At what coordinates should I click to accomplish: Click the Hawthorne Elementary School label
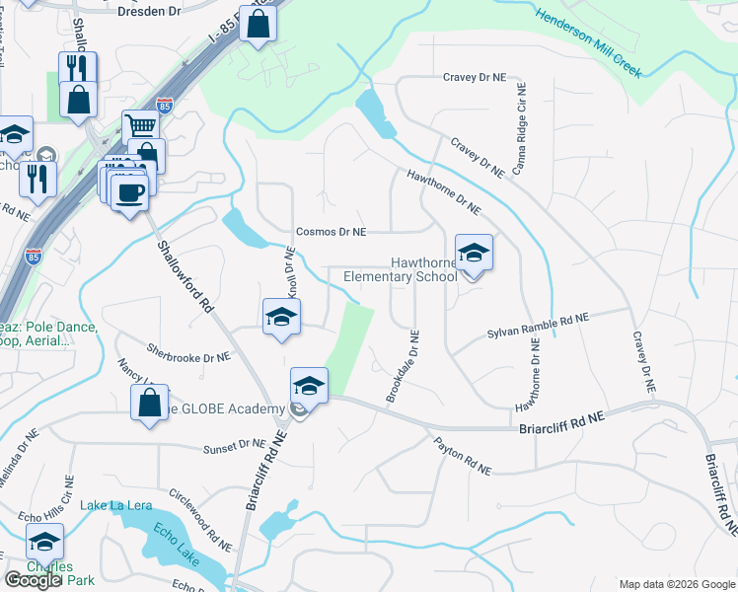pos(400,269)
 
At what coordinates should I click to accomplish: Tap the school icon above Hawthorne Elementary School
pos(474,255)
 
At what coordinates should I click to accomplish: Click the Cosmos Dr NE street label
pos(332,232)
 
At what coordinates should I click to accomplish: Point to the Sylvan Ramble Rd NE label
pos(537,327)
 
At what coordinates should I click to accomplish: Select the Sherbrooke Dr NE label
pos(188,352)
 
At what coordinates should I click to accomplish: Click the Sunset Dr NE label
pos(235,449)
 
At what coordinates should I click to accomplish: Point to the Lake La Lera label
pos(116,506)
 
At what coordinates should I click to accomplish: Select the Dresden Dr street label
pos(150,13)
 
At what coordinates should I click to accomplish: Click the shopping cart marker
pos(141,126)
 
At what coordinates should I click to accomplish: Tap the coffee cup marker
pos(129,191)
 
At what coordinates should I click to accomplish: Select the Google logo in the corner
pos(33,580)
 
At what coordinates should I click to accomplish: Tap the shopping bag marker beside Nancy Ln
pos(149,403)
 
